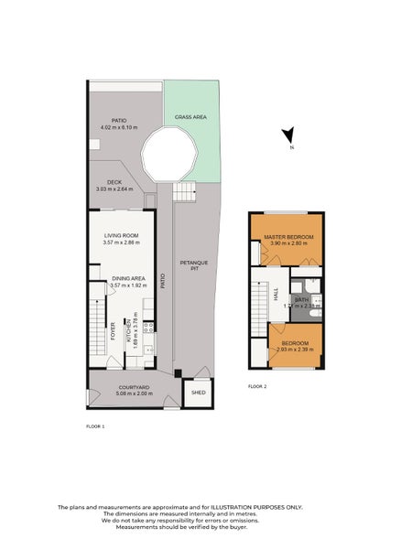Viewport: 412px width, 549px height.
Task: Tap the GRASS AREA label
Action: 189,118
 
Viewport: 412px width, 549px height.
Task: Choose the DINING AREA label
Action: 128,278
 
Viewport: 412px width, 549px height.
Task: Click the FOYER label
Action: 114,330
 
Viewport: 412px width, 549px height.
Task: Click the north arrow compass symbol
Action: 288,137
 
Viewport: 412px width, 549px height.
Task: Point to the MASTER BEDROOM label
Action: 288,238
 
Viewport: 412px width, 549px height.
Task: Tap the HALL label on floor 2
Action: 276,294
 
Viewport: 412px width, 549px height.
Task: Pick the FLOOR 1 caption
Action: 95,426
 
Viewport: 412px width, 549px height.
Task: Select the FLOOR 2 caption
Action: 257,387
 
